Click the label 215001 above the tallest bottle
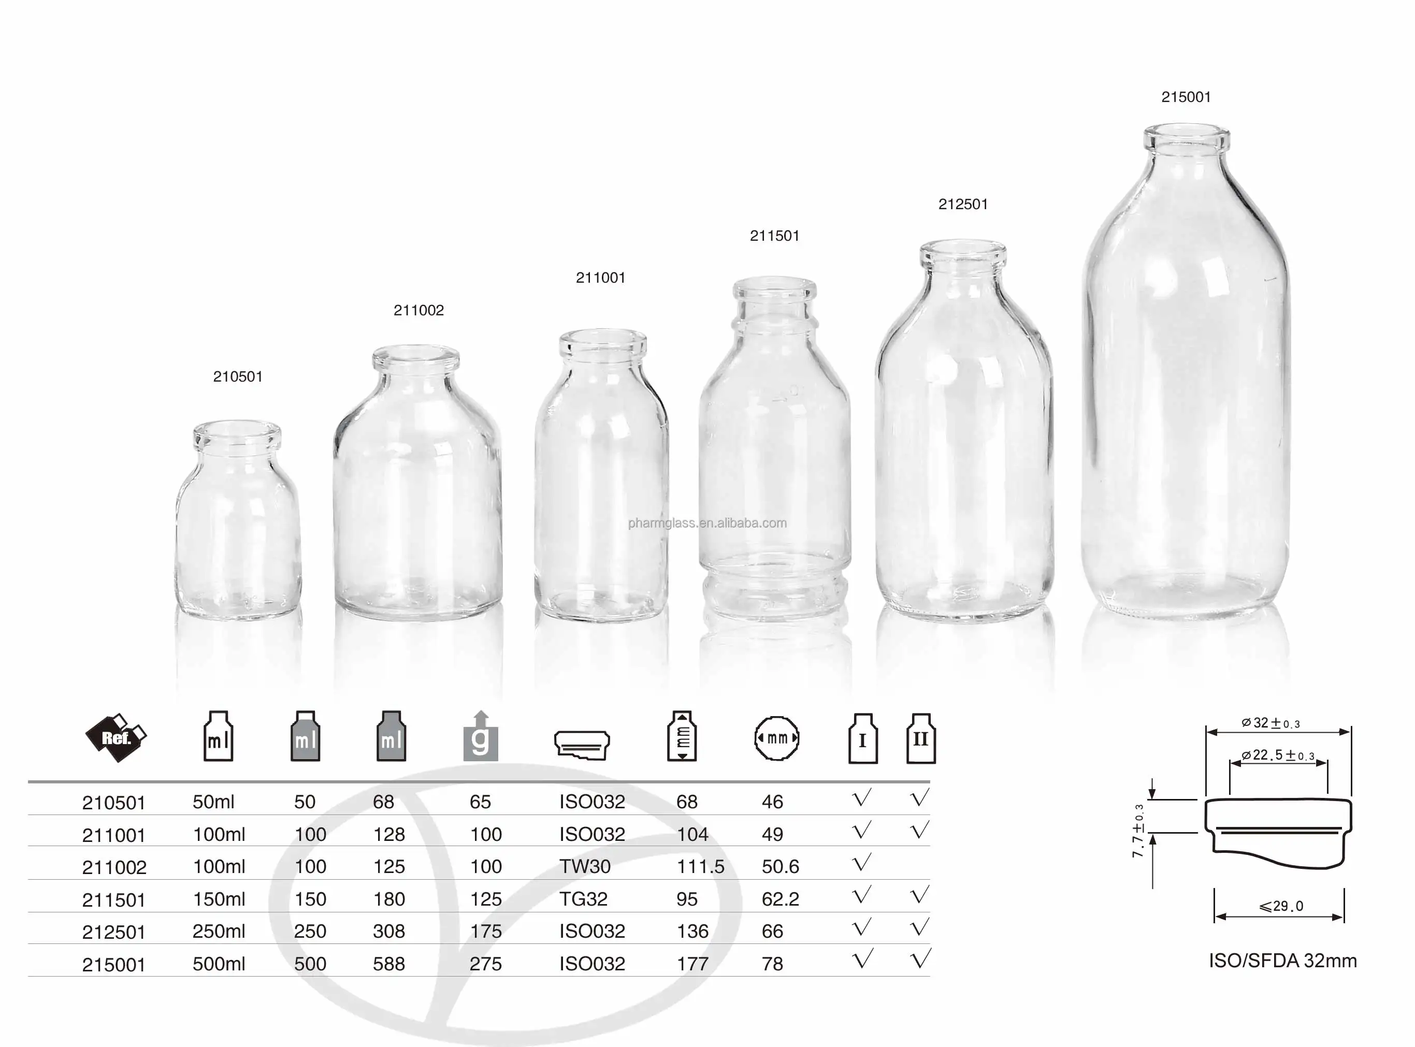(x=1186, y=97)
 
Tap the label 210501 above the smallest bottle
(x=238, y=376)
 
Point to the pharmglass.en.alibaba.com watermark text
(x=707, y=523)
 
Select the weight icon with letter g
(x=481, y=737)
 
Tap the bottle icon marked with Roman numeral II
(x=920, y=738)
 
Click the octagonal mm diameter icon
(x=776, y=738)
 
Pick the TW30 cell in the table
(x=585, y=866)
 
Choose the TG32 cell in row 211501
(x=583, y=899)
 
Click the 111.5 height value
(x=700, y=866)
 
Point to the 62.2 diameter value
(x=780, y=899)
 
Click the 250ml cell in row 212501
(x=219, y=931)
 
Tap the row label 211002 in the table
(x=114, y=867)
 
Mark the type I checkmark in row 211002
(x=861, y=863)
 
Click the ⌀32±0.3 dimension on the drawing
(x=1270, y=723)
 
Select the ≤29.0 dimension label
(x=1281, y=906)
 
